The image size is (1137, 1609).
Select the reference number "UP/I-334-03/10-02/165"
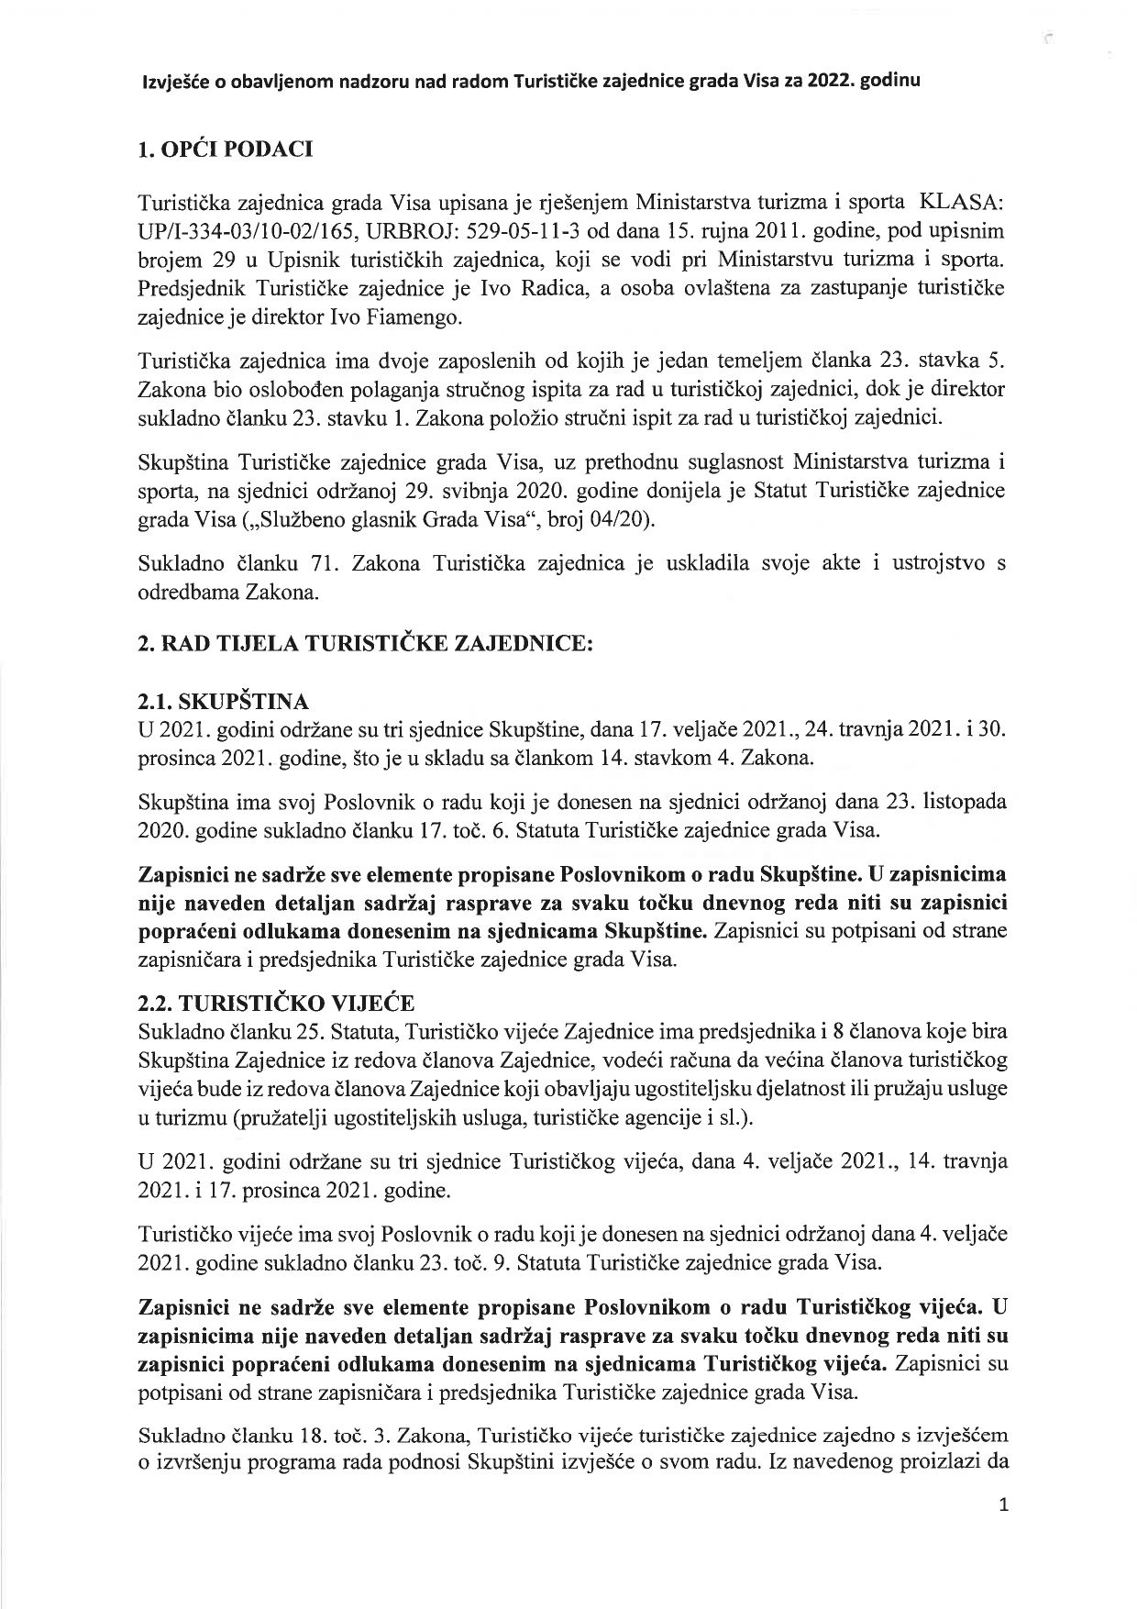pyautogui.click(x=237, y=227)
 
